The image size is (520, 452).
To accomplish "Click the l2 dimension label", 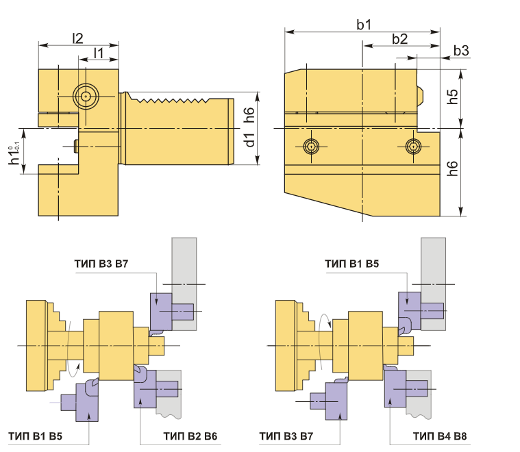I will pyautogui.click(x=79, y=38).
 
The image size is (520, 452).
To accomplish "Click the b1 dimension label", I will pyautogui.click(x=364, y=25).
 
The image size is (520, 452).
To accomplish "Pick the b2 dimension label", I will pyautogui.click(x=400, y=39).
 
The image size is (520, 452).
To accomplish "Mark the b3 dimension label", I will pyautogui.click(x=461, y=51).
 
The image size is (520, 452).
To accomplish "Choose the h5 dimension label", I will pyautogui.click(x=452, y=95).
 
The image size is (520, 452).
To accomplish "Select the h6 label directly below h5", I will pyautogui.click(x=452, y=172).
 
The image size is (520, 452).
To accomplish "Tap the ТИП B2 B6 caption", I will pyautogui.click(x=191, y=436).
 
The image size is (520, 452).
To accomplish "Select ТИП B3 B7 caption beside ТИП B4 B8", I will pyautogui.click(x=287, y=436).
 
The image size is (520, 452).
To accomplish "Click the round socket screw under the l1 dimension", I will pyautogui.click(x=85, y=97).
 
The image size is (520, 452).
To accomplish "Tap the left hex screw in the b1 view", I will pyautogui.click(x=311, y=146).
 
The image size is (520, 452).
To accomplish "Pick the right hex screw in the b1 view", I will pyautogui.click(x=412, y=145).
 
